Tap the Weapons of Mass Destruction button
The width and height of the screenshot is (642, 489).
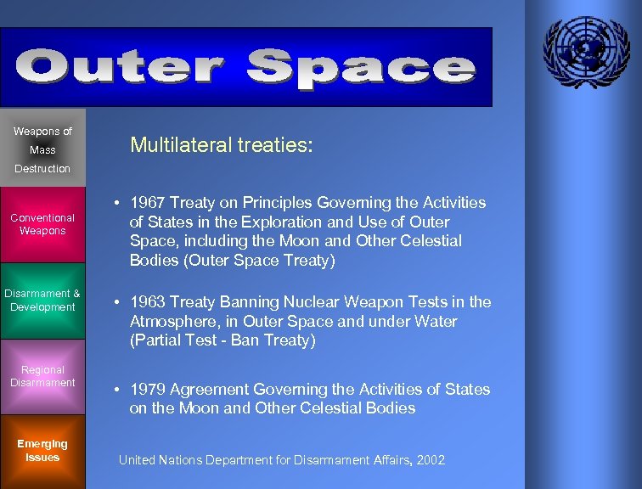(x=42, y=149)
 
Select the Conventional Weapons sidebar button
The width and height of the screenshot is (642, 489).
(x=42, y=224)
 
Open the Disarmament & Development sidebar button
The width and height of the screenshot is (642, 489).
(x=42, y=301)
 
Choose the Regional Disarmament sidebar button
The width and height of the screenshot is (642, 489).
(x=42, y=376)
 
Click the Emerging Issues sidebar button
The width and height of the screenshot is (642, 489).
(x=42, y=451)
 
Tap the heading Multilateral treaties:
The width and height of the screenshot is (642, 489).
(x=221, y=145)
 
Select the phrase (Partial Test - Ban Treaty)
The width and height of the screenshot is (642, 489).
(x=222, y=341)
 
